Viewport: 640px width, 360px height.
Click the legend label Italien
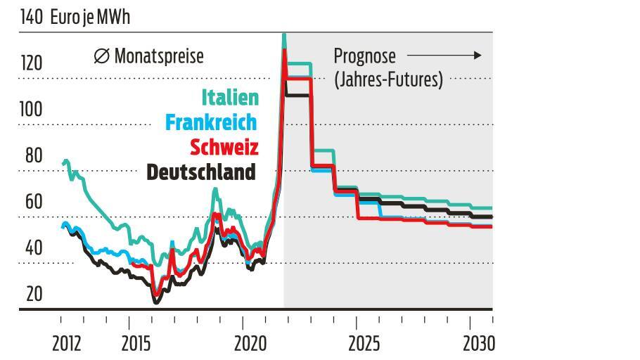click(x=230, y=97)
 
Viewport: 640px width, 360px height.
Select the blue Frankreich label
click(x=211, y=122)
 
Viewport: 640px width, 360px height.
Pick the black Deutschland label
click(x=201, y=172)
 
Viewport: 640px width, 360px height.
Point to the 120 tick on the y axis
click(x=32, y=64)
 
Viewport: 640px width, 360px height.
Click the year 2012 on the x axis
click(x=67, y=344)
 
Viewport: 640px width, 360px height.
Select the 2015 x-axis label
click(x=136, y=344)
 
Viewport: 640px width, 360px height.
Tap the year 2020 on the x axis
click(x=250, y=344)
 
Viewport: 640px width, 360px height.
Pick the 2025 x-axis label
click(x=364, y=344)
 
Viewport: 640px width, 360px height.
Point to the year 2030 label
click(x=478, y=344)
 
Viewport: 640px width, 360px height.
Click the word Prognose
click(x=364, y=56)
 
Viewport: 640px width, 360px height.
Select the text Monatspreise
click(x=159, y=56)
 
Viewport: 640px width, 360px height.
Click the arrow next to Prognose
click(x=444, y=55)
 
